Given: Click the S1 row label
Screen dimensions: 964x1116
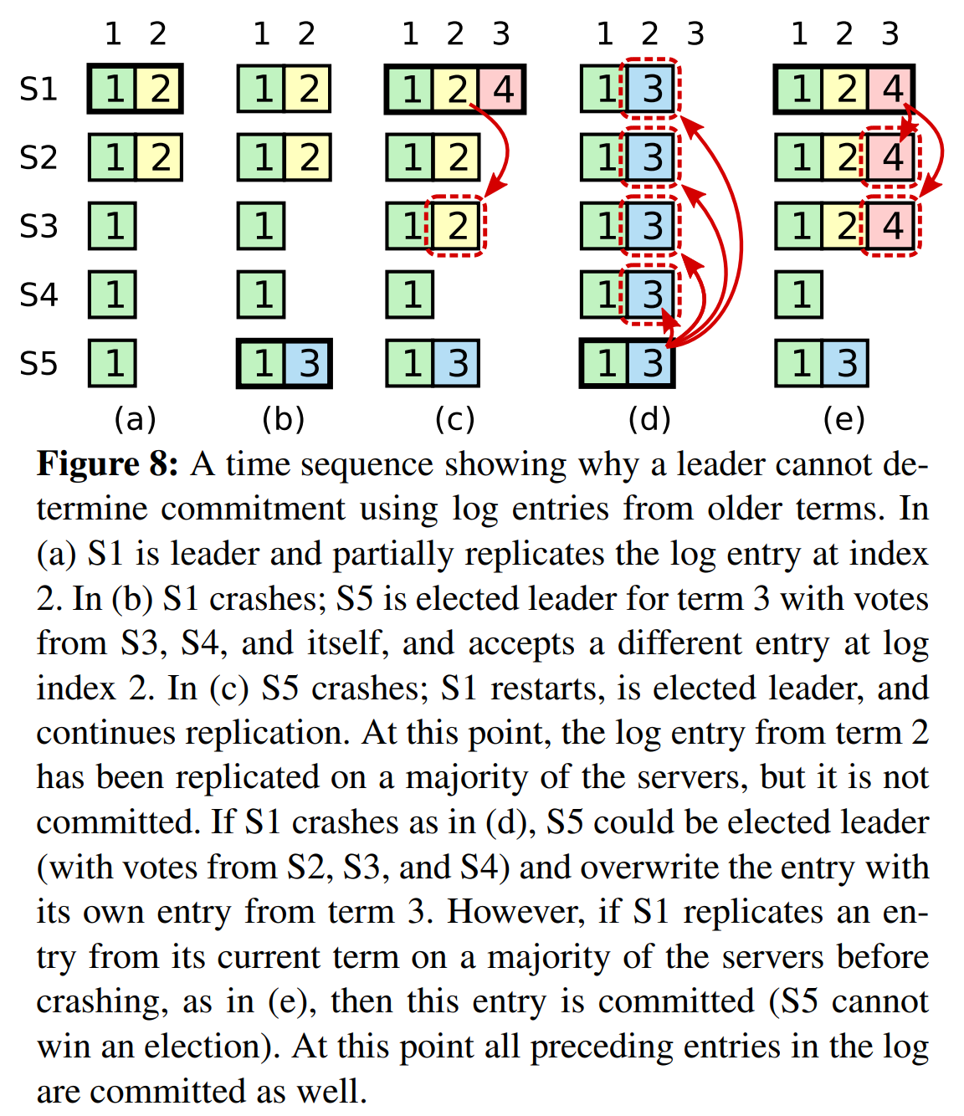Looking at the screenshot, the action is point(38,89).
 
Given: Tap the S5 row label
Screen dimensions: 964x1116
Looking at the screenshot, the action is point(38,363).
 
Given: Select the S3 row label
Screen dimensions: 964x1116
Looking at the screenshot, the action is point(38,226).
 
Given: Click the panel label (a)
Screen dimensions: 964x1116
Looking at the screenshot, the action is point(135,419).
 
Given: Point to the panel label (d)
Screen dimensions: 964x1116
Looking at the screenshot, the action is point(649,419).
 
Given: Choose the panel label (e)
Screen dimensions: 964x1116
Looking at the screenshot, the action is point(844,419).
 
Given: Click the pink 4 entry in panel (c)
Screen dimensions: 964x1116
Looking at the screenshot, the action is point(502,89).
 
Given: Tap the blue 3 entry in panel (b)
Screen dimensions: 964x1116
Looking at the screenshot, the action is point(308,363).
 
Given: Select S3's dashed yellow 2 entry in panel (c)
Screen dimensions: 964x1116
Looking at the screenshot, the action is point(456,226).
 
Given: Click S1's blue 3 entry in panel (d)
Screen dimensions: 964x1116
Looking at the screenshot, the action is point(651,89).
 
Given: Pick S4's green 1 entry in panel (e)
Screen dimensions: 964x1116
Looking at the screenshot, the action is point(799,294).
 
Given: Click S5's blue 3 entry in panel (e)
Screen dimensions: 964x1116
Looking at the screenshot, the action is point(845,363).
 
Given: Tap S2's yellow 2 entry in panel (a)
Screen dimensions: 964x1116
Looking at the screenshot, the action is point(159,157).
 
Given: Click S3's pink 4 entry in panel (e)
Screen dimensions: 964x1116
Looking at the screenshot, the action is point(892,226).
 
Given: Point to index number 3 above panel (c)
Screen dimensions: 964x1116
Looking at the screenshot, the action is point(501,33).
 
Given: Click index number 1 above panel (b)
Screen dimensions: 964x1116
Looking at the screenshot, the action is point(262,33).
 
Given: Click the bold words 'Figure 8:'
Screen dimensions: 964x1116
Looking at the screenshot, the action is point(107,463).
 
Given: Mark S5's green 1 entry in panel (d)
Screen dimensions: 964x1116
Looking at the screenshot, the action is point(604,363).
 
